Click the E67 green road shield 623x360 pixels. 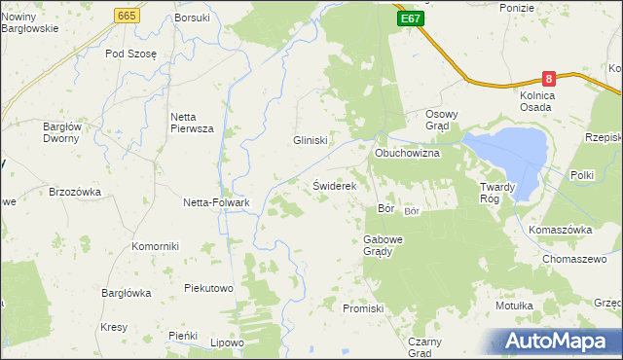pos(410,18)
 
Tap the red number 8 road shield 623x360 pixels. pos(550,78)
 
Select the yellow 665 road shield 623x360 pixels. pos(126,16)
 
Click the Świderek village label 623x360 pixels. pos(336,185)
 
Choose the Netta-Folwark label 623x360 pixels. pos(217,202)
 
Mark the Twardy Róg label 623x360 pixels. pos(502,192)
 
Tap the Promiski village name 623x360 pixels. pos(365,307)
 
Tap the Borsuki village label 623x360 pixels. pos(192,18)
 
